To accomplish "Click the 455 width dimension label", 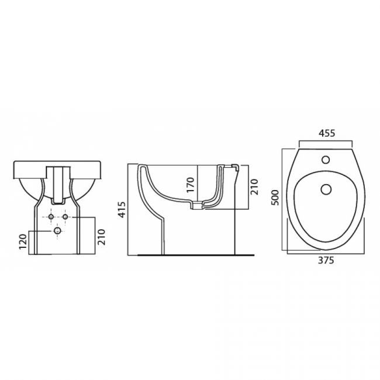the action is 326,133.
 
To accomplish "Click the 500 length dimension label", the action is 275,198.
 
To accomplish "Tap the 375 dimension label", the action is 326,260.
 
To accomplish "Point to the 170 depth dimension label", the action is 191,185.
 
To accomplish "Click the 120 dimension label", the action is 23,241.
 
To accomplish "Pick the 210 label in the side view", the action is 254,187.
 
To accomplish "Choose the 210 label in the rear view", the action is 101,237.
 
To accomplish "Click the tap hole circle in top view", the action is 326,160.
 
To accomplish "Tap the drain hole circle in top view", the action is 326,189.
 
